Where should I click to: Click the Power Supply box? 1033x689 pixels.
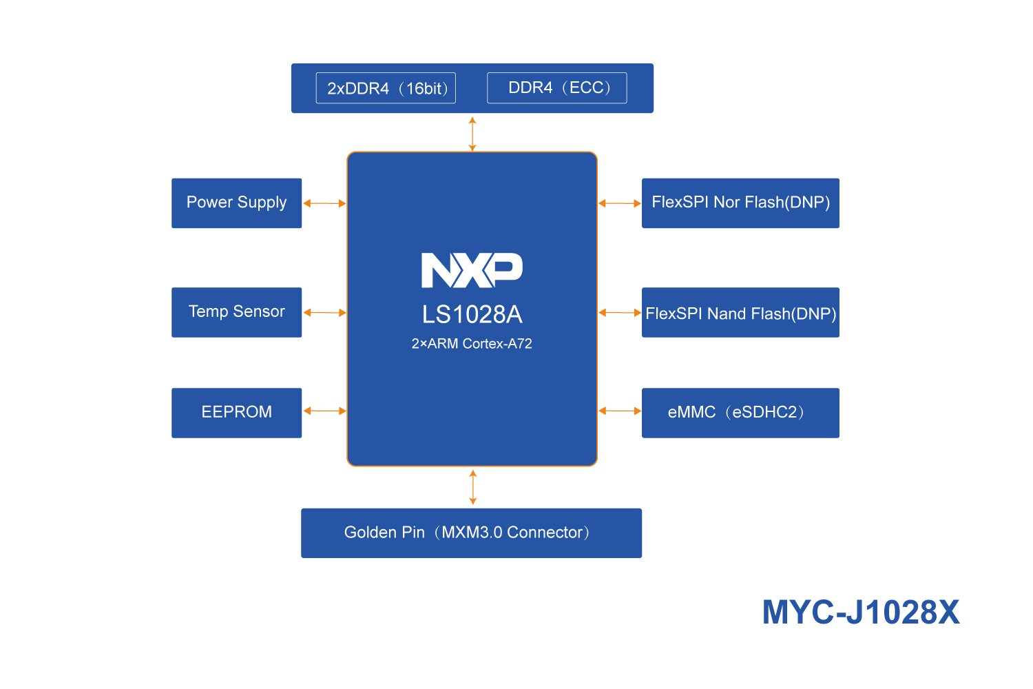point(236,203)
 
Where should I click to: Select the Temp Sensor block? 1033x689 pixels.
point(236,312)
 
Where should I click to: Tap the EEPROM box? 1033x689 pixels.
point(236,413)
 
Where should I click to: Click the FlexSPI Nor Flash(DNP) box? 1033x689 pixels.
point(740,203)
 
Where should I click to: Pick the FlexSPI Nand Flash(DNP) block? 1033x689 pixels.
point(740,312)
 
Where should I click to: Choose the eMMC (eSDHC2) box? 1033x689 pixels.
point(740,413)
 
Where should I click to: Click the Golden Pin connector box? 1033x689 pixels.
point(471,533)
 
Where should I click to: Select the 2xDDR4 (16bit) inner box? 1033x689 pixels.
point(386,88)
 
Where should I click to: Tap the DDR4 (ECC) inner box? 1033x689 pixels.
point(556,88)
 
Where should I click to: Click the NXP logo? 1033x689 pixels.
point(472,269)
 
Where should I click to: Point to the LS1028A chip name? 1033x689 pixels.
point(472,314)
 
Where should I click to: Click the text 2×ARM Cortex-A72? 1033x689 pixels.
point(472,344)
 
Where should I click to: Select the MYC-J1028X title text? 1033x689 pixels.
point(860,612)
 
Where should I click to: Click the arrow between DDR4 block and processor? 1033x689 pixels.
point(472,134)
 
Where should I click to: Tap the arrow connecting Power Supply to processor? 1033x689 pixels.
point(324,203)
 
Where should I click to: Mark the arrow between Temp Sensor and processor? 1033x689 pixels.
point(324,313)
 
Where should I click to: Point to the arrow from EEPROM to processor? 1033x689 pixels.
point(324,411)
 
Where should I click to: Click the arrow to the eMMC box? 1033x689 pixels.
point(620,411)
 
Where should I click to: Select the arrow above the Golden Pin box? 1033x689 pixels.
point(472,487)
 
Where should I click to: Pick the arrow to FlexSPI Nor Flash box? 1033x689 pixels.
point(620,203)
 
